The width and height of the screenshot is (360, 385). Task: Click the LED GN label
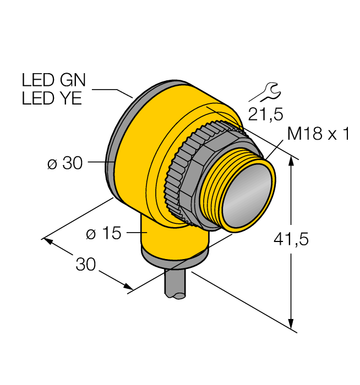pos(53,80)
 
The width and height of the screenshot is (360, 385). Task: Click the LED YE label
pos(52,98)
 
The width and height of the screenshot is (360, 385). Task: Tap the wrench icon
pos(265,92)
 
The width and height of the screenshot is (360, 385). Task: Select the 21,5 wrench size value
pos(265,114)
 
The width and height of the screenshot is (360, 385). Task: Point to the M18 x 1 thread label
pos(318,134)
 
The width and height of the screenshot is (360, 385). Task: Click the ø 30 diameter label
pos(65,163)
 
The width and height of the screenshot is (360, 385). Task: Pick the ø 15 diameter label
pos(103,233)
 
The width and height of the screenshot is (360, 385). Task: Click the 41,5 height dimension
pos(291,239)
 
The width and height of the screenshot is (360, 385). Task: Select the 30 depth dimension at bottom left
pos(85,264)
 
